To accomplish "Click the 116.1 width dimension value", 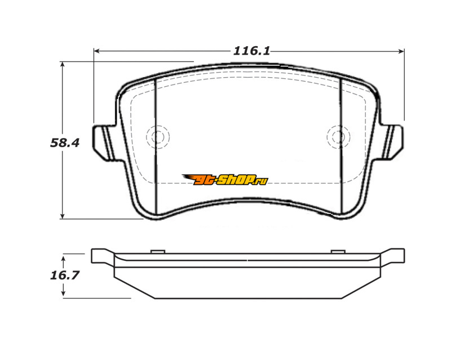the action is (251, 51).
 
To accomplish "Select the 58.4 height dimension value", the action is (64, 143).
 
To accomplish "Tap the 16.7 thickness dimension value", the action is (64, 275).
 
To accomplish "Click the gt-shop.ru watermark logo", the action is (225, 179).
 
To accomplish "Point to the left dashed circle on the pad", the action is (158, 137).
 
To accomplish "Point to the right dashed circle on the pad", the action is (339, 137).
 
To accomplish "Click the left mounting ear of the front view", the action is (105, 143).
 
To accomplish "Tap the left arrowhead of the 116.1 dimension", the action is (96, 51).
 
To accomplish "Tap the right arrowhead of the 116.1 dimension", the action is (401, 51).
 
